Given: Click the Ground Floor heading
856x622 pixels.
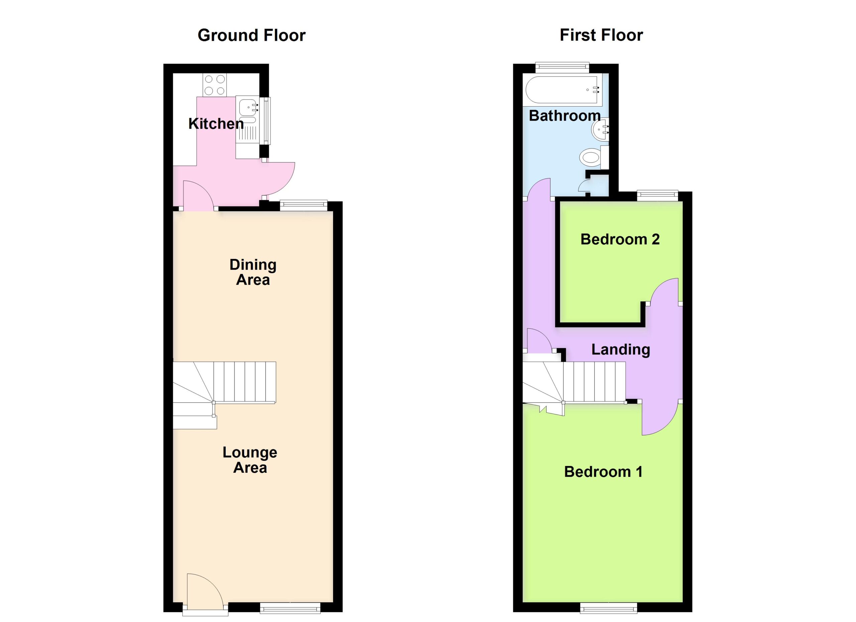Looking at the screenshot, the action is click(x=251, y=35).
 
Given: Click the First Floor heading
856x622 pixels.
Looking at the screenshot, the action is click(x=601, y=35).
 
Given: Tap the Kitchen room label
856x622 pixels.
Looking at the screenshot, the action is click(x=216, y=124).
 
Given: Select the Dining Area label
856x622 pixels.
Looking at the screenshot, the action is click(x=253, y=272).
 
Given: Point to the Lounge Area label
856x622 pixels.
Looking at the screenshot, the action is click(x=250, y=460).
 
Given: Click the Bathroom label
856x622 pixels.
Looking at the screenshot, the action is click(x=565, y=115).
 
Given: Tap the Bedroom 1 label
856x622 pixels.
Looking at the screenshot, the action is click(x=603, y=472).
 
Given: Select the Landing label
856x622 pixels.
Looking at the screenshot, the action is click(x=621, y=350).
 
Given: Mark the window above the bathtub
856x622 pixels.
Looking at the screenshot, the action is click(x=562, y=67).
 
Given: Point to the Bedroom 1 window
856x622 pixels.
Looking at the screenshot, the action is click(x=609, y=608).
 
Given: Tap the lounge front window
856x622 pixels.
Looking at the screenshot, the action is click(x=290, y=608).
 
